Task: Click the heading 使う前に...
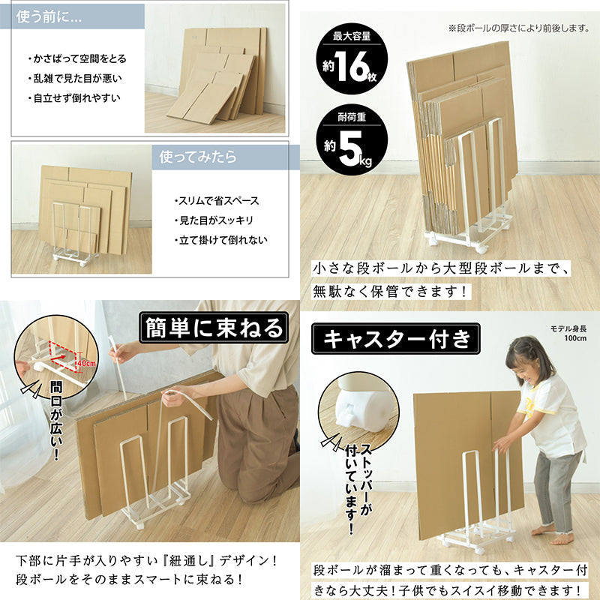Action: coord(48,17)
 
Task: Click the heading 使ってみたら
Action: coord(198,157)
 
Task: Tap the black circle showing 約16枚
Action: coord(352,59)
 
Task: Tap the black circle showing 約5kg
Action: coord(352,140)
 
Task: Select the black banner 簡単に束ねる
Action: coord(214,328)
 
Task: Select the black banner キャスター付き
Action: coord(396,339)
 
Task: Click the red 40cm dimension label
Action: coord(87,363)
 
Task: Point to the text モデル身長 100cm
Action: coord(568,333)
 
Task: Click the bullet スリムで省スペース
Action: coord(217,201)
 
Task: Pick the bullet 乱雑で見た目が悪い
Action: coord(75,79)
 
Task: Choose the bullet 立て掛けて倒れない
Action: coord(220,240)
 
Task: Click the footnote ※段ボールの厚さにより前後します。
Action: coord(519,28)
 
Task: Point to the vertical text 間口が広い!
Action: coord(56,420)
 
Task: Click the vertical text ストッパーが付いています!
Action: coord(358,489)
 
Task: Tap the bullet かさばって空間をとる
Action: coord(77,58)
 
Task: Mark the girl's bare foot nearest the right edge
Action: coord(562,538)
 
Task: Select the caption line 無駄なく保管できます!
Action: coord(390,292)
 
